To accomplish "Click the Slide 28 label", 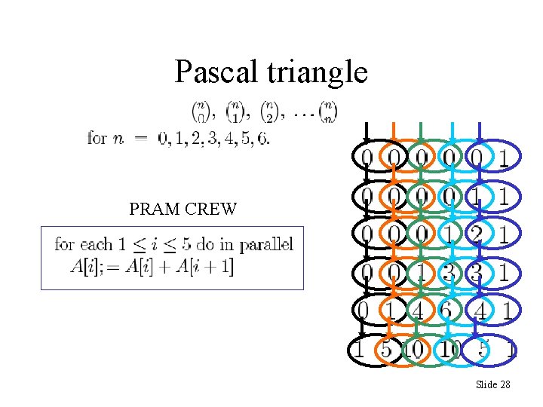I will pos(493,385).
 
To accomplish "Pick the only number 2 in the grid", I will pos(476,234).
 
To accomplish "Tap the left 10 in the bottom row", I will pos(414,350).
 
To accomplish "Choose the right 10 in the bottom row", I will pos(451,350).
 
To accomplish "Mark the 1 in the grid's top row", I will pos(503,158).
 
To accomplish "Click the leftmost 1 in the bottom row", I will pos(360,350).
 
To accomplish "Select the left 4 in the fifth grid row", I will pos(416,311).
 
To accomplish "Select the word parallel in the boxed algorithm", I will pos(264,244).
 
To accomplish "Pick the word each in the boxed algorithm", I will pos(93,244).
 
